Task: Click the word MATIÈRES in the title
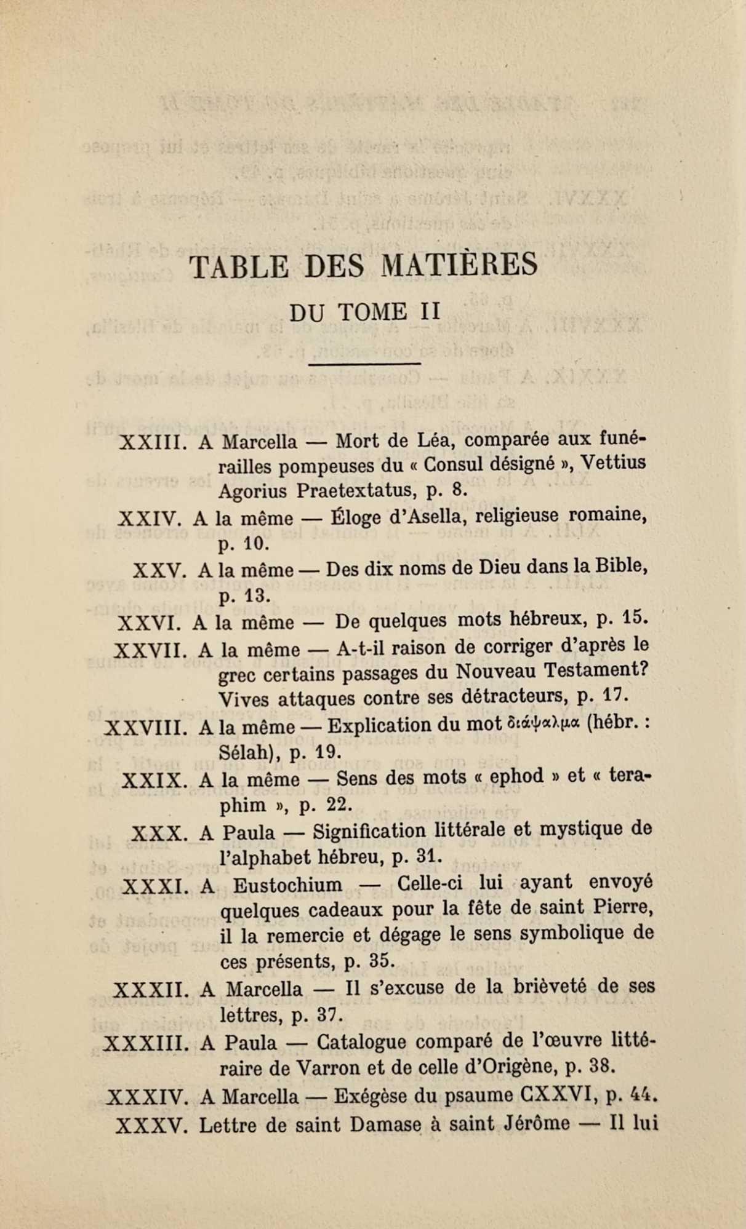click(x=459, y=265)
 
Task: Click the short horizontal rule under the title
click(x=364, y=364)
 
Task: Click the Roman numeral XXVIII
click(x=146, y=728)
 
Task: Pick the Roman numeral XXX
click(x=158, y=833)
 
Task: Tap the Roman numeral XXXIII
click(x=146, y=1043)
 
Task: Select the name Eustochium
click(x=287, y=885)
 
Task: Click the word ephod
click(x=516, y=777)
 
